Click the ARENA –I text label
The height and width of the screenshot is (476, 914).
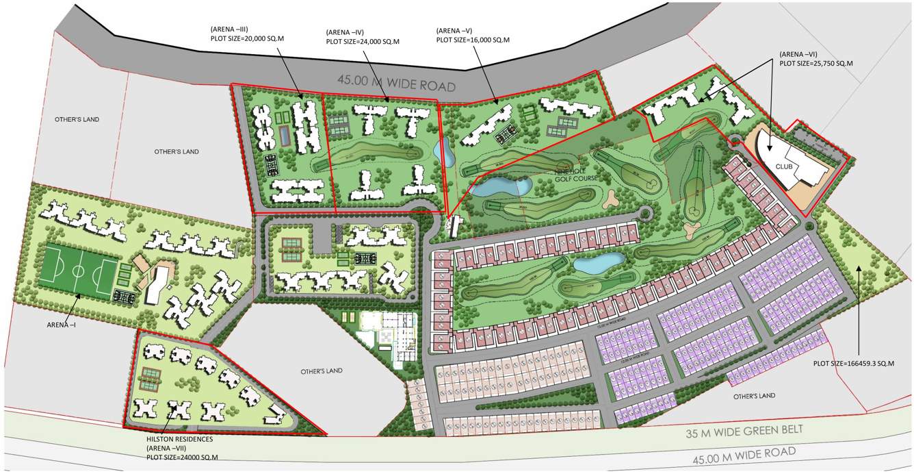(x=62, y=325)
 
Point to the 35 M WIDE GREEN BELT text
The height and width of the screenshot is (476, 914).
(x=744, y=432)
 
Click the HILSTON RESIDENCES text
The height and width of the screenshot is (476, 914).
(x=179, y=439)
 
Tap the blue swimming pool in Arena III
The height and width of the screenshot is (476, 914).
(x=283, y=136)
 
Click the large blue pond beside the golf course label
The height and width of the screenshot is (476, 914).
(x=503, y=186)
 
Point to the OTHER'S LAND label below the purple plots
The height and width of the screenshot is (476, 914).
(x=754, y=396)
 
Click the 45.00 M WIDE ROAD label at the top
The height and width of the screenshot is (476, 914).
(x=396, y=85)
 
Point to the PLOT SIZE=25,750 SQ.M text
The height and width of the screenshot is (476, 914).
(x=816, y=63)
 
